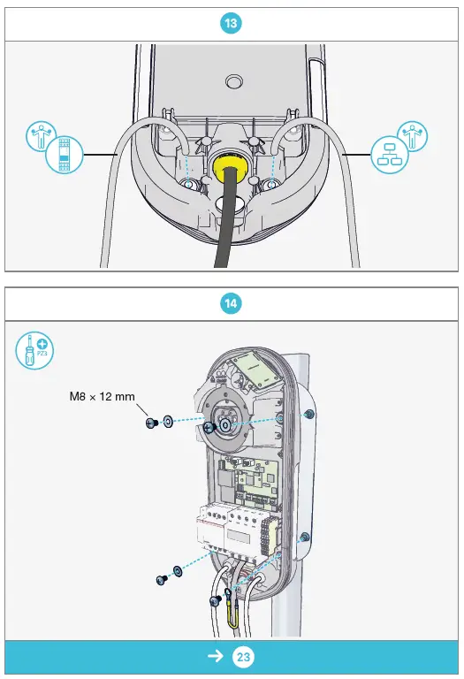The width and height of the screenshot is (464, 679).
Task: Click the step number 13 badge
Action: pos(232,24)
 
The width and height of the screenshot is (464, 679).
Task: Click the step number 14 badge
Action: pos(232,303)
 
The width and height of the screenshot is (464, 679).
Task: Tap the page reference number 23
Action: pos(243,658)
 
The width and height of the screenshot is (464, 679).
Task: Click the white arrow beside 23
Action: pos(215,658)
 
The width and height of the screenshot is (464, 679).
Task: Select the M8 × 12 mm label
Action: pos(102,397)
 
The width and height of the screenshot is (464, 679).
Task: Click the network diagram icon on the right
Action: pos(389,154)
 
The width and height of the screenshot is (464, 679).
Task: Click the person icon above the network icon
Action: pos(413,136)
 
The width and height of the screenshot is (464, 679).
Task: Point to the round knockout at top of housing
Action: pos(233,81)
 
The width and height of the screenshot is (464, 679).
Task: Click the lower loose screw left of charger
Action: pos(161,579)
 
